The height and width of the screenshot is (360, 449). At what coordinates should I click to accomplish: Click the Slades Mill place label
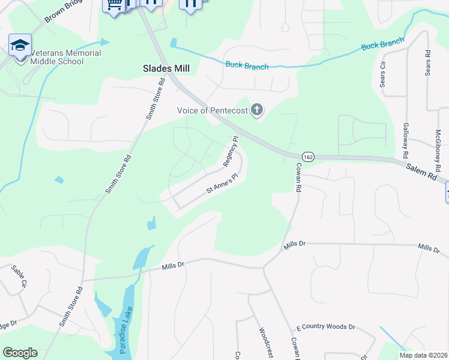click(166, 68)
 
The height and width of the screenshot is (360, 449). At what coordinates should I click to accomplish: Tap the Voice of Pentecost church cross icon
click(257, 110)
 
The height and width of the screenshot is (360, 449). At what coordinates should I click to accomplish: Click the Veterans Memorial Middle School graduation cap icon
click(20, 45)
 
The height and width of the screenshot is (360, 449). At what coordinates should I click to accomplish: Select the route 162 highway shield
click(308, 156)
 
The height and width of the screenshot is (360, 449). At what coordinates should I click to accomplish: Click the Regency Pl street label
click(231, 151)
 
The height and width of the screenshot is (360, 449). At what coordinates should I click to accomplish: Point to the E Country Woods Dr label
click(326, 328)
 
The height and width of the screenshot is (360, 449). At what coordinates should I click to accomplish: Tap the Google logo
click(20, 353)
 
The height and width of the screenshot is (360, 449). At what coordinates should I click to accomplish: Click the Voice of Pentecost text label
click(212, 110)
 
